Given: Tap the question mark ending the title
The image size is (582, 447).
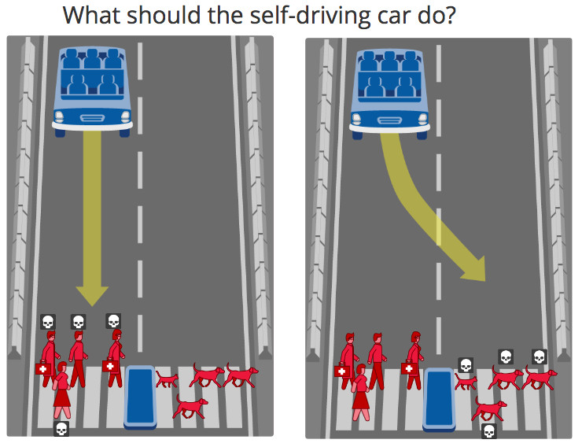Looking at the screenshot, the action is click(x=450, y=15).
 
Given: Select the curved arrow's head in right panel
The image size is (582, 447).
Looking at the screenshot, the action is click(x=475, y=269).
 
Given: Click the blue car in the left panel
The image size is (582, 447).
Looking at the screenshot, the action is click(x=93, y=91).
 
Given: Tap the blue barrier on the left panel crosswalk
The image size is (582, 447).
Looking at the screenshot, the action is click(x=140, y=397).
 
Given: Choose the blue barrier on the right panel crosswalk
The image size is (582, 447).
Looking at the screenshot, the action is click(x=439, y=400).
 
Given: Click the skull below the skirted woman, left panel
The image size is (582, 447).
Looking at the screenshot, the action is click(x=61, y=429).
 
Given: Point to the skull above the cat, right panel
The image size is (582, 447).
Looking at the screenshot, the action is click(x=466, y=365).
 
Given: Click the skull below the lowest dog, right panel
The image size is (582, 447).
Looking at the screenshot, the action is click(x=489, y=431).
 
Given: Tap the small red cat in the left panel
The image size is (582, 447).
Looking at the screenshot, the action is click(x=167, y=379).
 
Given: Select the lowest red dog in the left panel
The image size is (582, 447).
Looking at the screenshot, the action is click(x=190, y=407).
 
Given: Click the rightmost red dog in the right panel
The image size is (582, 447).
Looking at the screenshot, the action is click(x=540, y=379).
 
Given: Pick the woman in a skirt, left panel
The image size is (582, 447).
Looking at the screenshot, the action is click(x=62, y=390).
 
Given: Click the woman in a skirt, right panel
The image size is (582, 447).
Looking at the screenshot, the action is click(x=361, y=393).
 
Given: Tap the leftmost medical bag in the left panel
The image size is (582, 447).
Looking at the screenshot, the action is click(x=43, y=368).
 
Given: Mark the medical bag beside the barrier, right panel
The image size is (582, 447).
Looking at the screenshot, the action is click(x=409, y=368).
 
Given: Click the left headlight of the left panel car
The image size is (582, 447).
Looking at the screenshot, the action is click(x=60, y=117).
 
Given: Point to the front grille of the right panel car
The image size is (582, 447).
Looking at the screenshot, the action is click(x=390, y=120).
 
